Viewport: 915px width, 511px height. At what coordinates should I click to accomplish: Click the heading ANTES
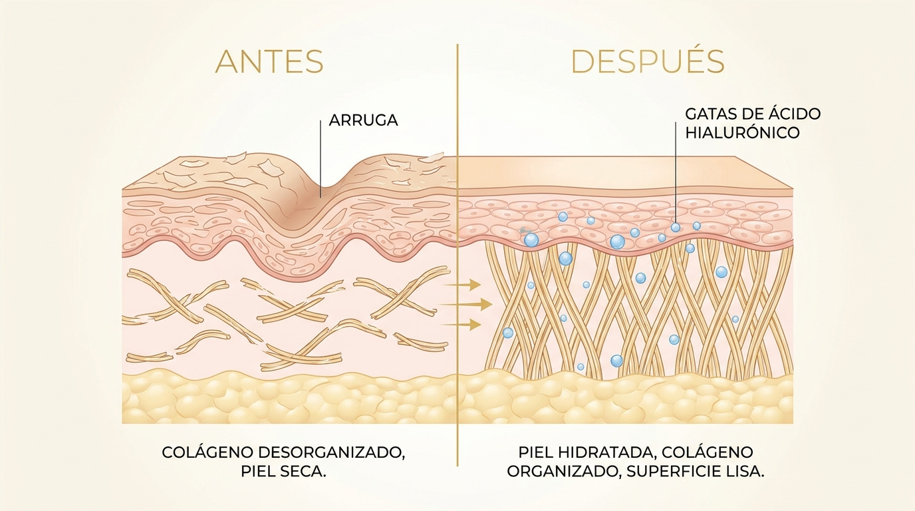tap(269, 62)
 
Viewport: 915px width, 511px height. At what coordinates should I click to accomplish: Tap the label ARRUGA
tap(363, 120)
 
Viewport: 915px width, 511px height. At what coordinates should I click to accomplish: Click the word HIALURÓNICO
tap(742, 132)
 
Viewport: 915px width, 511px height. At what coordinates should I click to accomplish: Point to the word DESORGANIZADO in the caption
tap(332, 453)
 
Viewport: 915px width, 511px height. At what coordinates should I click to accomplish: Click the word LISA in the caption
tap(745, 472)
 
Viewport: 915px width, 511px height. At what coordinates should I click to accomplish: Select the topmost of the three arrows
tap(461, 283)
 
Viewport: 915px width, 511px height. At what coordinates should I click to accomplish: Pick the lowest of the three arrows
tap(461, 325)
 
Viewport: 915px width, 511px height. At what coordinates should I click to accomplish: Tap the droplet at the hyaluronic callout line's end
tap(675, 228)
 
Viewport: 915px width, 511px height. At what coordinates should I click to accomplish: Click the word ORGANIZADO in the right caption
tap(563, 472)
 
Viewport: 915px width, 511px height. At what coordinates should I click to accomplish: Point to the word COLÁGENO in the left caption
tap(208, 452)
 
